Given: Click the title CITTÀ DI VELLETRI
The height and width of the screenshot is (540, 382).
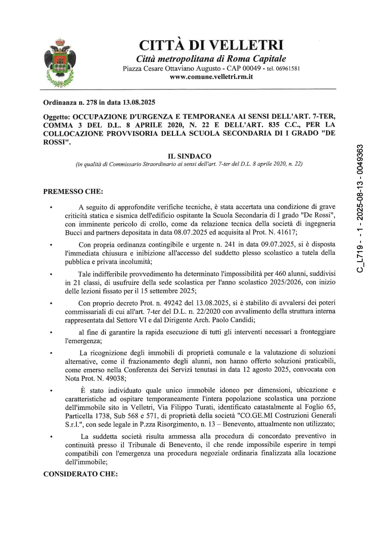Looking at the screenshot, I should point(211,45).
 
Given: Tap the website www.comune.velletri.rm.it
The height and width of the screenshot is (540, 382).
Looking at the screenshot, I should point(211,77).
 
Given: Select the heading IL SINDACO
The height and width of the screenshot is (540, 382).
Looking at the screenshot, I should point(190,156).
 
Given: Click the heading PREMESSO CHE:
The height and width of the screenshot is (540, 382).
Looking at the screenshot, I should point(73,191).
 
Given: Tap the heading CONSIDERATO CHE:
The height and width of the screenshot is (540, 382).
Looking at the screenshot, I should point(80,474).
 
